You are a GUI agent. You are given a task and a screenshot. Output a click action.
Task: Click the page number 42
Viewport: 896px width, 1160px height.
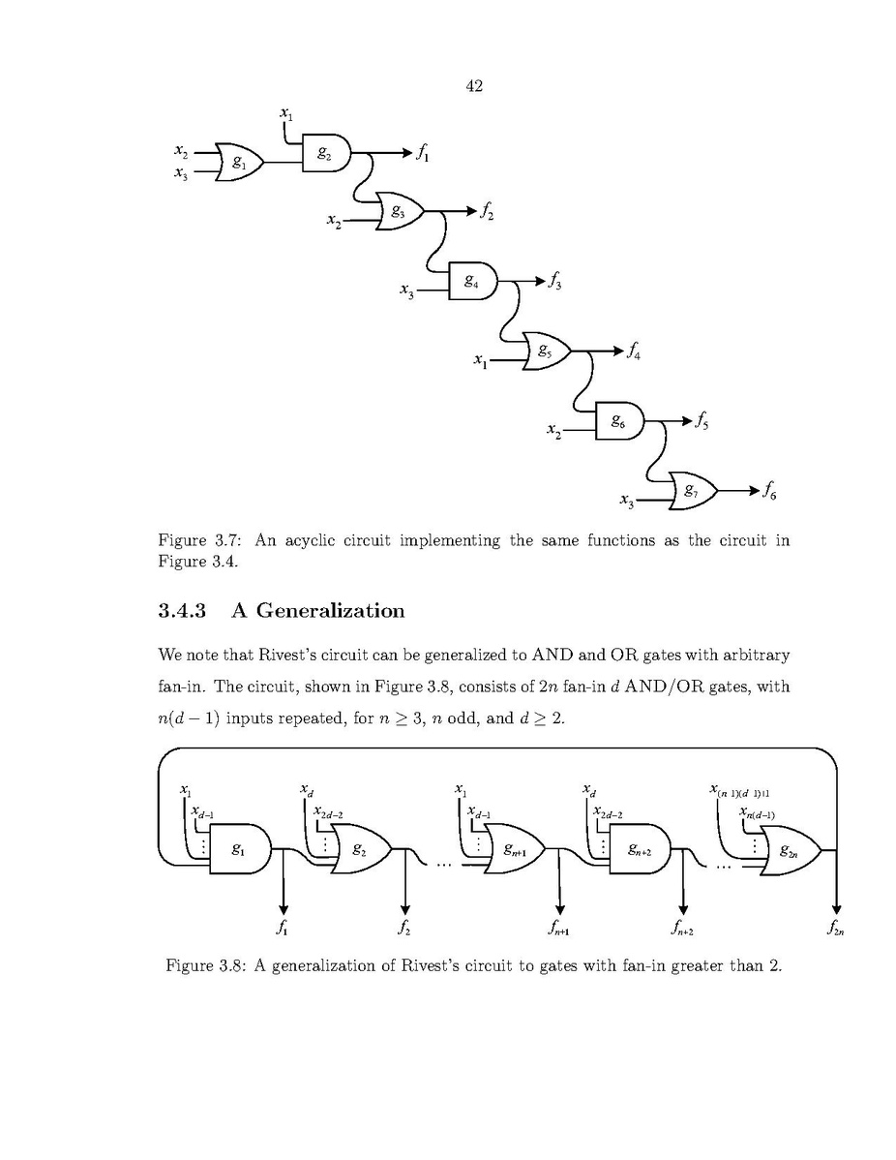474,87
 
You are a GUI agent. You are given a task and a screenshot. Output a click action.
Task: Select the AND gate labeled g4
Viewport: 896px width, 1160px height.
472,282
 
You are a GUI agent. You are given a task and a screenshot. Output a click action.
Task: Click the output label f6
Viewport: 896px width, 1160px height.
769,492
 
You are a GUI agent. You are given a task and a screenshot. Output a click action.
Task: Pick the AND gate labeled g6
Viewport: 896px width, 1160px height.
620,421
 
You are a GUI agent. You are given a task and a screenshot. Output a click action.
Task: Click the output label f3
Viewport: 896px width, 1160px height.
555,282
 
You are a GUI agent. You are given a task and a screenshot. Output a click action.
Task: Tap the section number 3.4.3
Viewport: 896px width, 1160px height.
183,611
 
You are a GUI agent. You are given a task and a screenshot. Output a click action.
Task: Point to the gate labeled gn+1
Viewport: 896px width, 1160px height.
514,850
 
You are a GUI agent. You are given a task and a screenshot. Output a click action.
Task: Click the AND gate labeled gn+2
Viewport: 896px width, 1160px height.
639,850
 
